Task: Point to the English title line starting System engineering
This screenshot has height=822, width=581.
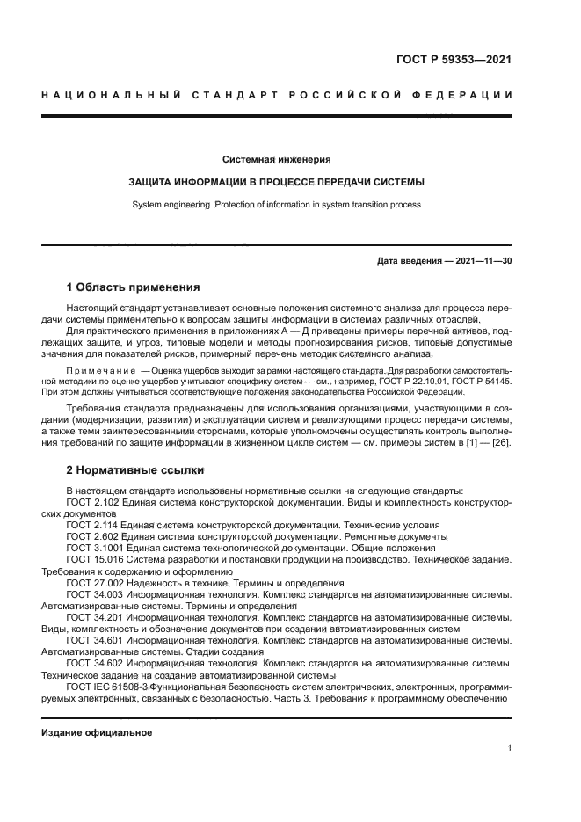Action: (x=276, y=205)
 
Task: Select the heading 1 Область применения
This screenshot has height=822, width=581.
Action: (x=134, y=287)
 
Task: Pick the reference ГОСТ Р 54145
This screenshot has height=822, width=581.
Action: (x=481, y=382)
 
